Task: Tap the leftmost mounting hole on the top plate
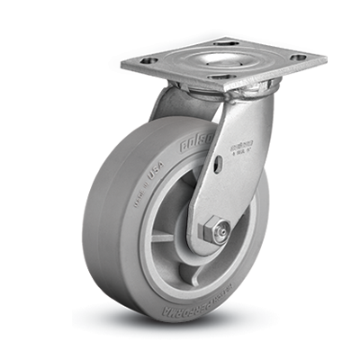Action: [148, 60]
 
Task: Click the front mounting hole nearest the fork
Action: [221, 79]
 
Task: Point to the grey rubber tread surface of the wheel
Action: [116, 234]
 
